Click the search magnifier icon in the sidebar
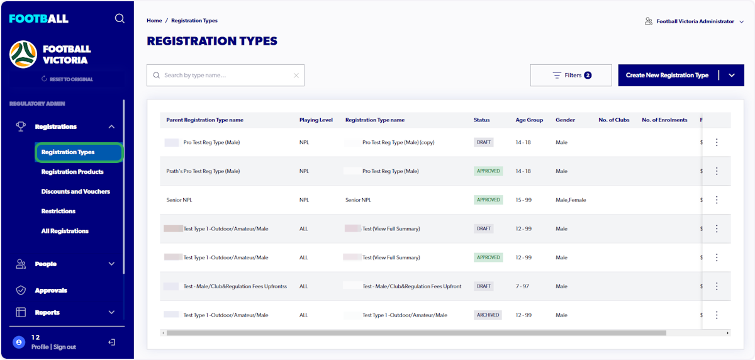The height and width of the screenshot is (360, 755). [x=120, y=19]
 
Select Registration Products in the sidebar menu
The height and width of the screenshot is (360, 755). [x=72, y=172]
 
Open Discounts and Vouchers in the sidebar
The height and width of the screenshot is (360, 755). [x=75, y=191]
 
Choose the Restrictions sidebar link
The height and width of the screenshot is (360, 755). [x=59, y=211]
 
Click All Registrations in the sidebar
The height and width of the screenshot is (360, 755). [x=65, y=231]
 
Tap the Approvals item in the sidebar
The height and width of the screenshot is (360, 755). [x=51, y=290]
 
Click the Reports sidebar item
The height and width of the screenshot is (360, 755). [x=47, y=312]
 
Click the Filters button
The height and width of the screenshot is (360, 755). [x=571, y=76]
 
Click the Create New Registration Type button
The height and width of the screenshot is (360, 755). [x=667, y=76]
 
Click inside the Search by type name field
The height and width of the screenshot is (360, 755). [x=223, y=76]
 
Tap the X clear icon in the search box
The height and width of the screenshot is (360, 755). [x=296, y=76]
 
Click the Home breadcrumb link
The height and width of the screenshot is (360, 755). [x=154, y=21]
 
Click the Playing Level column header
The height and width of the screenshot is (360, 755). [x=316, y=120]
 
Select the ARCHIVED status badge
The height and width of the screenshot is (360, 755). [x=488, y=315]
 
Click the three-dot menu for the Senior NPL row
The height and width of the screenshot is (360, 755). [x=717, y=200]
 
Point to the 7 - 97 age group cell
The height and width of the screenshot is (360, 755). [x=522, y=286]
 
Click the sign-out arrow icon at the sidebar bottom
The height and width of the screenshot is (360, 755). [x=111, y=342]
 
